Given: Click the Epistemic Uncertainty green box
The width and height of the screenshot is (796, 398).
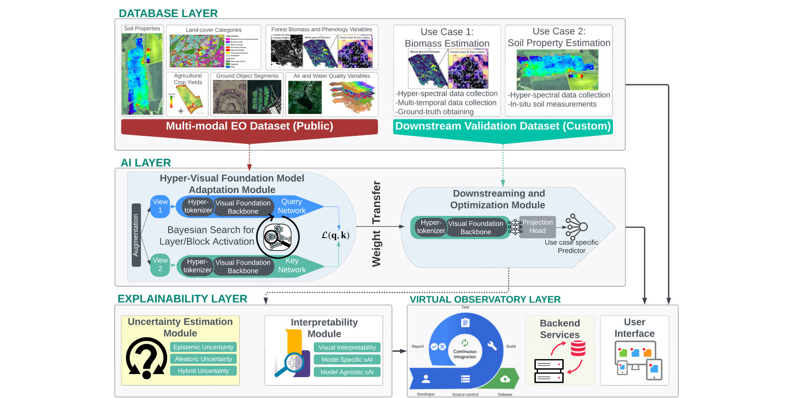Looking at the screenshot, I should [203, 347].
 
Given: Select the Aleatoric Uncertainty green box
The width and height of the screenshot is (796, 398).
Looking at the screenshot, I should [203, 359].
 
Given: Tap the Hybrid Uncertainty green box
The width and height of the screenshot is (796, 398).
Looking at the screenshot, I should [203, 371].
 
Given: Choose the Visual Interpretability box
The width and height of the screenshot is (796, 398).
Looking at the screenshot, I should [347, 348].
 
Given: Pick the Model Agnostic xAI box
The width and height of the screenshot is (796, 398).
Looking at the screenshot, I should [347, 372].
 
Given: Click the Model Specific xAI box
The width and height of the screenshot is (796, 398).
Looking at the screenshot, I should [347, 360].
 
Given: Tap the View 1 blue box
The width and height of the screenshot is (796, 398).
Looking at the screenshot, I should [160, 206].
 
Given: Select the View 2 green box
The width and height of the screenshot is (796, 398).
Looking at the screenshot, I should [160, 265].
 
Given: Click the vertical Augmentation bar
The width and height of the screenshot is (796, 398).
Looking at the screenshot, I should [136, 235].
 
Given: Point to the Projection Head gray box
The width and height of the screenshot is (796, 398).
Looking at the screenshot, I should [537, 226].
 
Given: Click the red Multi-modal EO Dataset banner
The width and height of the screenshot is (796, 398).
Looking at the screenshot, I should [249, 126].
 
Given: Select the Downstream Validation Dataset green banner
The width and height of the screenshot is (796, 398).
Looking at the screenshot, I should [503, 126].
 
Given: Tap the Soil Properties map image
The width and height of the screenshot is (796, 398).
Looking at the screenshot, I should [142, 74].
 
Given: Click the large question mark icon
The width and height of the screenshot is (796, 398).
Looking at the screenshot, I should [146, 358].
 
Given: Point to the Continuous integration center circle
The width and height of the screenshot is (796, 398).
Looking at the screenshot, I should [465, 351].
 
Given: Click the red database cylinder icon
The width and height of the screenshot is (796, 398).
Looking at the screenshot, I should [578, 348].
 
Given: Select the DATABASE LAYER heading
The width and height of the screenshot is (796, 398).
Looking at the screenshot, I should [168, 13].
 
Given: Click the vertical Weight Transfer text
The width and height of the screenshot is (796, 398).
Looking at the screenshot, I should [377, 224].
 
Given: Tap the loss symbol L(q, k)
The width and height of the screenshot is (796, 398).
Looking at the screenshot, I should [335, 235].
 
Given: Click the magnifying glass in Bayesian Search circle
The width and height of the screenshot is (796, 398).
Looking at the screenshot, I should [277, 237].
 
